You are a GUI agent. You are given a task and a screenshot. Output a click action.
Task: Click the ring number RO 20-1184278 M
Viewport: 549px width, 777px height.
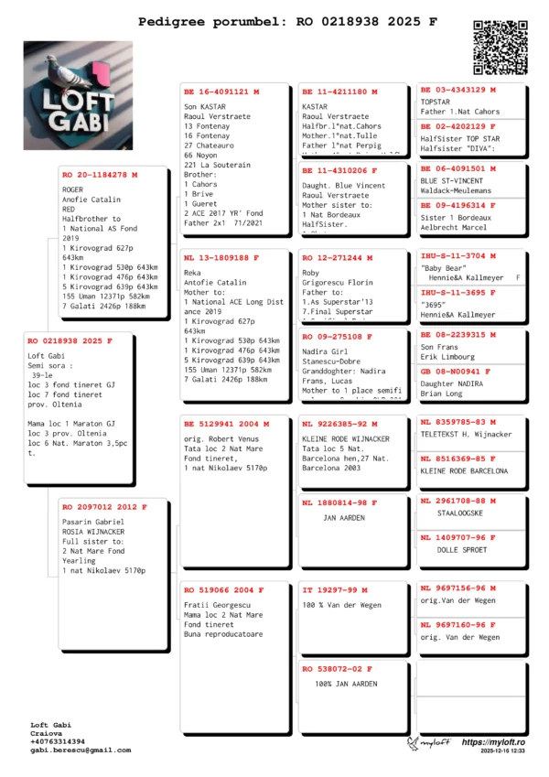[100, 174]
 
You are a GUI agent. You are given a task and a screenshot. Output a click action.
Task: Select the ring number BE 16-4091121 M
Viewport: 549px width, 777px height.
[221, 92]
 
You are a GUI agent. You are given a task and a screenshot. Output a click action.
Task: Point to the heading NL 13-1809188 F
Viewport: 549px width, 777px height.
[221, 258]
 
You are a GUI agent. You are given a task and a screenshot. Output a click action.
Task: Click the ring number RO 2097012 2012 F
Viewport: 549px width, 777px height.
[102, 506]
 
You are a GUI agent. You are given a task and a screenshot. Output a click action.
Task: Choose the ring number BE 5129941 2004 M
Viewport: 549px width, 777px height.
[226, 425]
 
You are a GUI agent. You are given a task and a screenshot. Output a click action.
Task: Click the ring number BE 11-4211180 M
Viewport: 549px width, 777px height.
[339, 92]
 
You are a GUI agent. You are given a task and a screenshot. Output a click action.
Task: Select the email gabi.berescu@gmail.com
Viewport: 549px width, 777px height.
[81, 750]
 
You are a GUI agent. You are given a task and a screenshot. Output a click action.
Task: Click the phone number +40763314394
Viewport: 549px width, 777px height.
[59, 741]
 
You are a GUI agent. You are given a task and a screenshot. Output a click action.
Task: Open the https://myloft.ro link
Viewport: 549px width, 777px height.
[493, 742]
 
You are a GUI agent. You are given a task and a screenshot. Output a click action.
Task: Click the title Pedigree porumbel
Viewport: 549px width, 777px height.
[213, 19]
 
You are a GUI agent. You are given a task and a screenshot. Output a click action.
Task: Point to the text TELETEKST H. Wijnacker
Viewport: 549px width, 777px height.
[467, 434]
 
